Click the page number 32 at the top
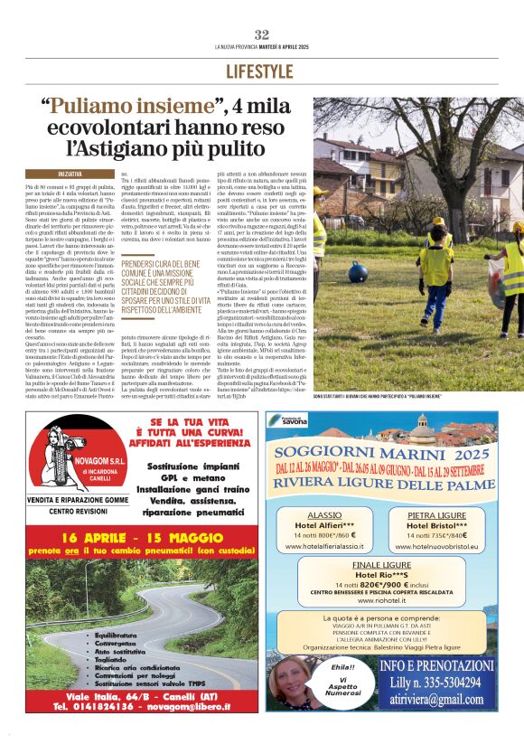(262, 34)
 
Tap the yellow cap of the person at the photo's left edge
(317, 190)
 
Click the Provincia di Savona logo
(287, 420)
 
